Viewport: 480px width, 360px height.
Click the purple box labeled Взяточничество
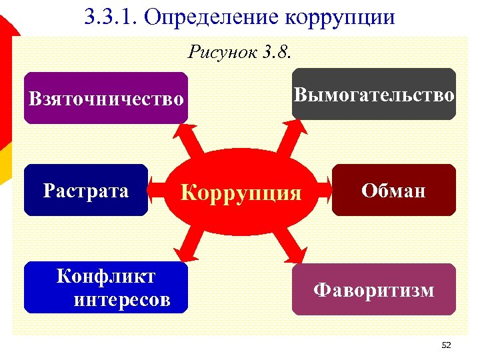click(x=105, y=98)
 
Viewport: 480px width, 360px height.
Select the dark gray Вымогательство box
click(x=374, y=94)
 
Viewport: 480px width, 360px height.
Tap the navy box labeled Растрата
click(x=85, y=191)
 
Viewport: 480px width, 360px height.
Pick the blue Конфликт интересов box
click(x=105, y=287)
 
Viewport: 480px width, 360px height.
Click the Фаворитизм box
click(x=373, y=289)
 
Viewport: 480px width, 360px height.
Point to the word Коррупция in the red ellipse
click(x=241, y=193)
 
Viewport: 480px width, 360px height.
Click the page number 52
click(x=446, y=345)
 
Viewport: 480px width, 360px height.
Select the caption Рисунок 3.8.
click(x=241, y=51)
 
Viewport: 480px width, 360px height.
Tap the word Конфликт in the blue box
click(x=106, y=276)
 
